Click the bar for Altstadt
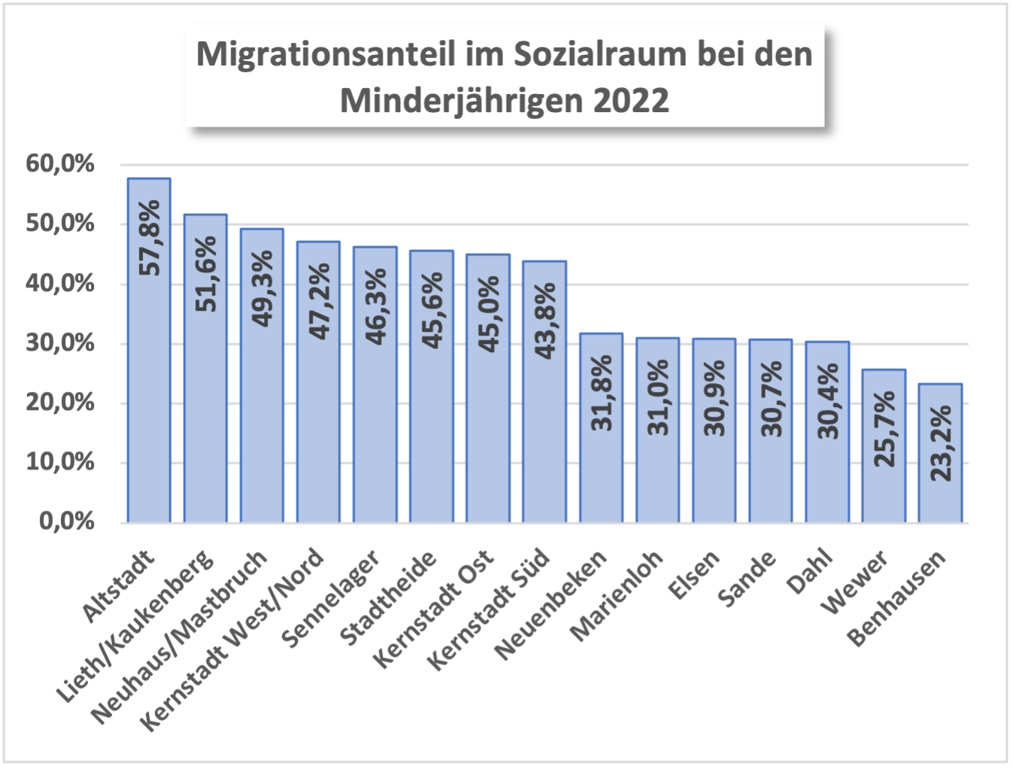point(149,350)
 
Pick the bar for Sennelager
point(375,384)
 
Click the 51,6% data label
point(205,273)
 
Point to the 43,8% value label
point(544,320)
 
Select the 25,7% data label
point(884,428)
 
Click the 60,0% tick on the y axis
point(60,163)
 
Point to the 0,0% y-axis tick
point(67,521)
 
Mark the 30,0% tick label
point(60,342)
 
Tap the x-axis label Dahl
point(810,571)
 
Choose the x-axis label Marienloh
point(617,595)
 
